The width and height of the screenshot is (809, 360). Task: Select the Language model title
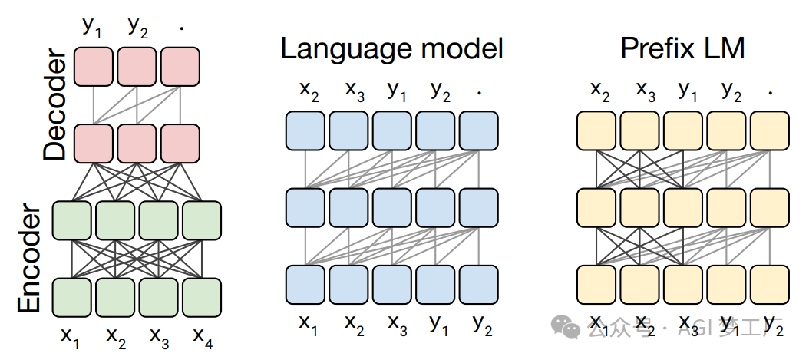[391, 49]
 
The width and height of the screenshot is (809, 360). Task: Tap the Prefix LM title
[683, 49]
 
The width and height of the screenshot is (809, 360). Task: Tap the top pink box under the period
[180, 67]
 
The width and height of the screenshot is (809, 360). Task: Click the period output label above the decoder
[182, 27]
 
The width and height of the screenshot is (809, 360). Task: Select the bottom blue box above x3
[394, 283]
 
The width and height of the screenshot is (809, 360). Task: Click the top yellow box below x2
[596, 130]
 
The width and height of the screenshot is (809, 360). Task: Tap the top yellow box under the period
[770, 130]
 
